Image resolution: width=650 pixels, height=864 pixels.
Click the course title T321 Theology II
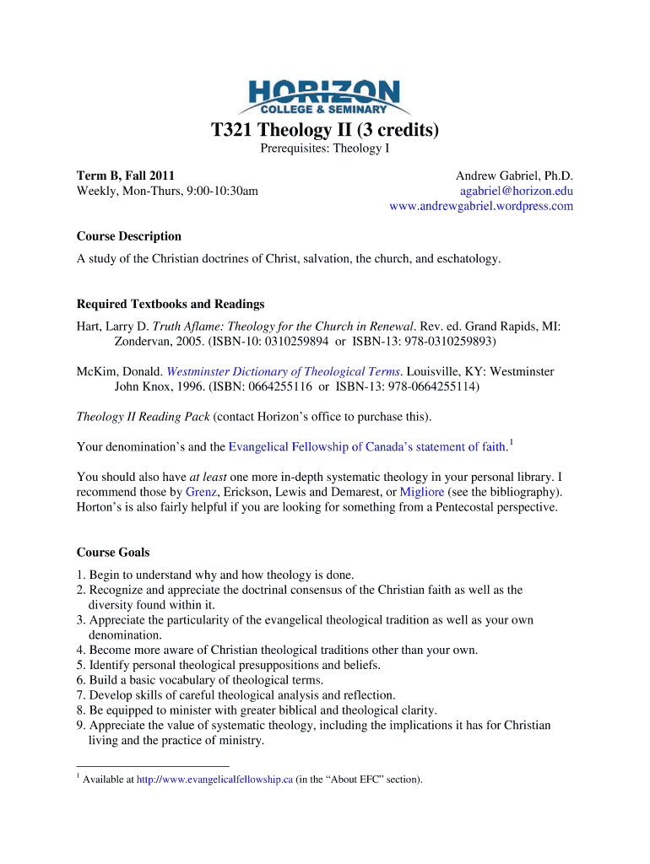click(x=324, y=131)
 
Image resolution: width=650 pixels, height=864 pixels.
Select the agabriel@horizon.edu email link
click(x=516, y=191)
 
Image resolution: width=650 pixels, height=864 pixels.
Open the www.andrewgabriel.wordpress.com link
click(x=481, y=207)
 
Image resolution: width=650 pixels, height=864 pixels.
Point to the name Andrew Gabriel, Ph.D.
click(x=514, y=175)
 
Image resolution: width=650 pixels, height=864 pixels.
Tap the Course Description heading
click(x=129, y=236)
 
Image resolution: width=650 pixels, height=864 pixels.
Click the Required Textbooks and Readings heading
click(x=171, y=304)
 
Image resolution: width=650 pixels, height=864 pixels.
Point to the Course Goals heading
click(x=113, y=553)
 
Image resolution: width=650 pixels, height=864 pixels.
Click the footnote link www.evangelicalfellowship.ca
click(x=214, y=779)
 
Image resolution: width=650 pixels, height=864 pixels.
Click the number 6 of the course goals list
click(x=80, y=680)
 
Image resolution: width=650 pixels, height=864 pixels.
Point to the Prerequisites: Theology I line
click(x=324, y=149)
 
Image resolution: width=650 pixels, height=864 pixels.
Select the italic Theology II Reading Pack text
click(x=143, y=417)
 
